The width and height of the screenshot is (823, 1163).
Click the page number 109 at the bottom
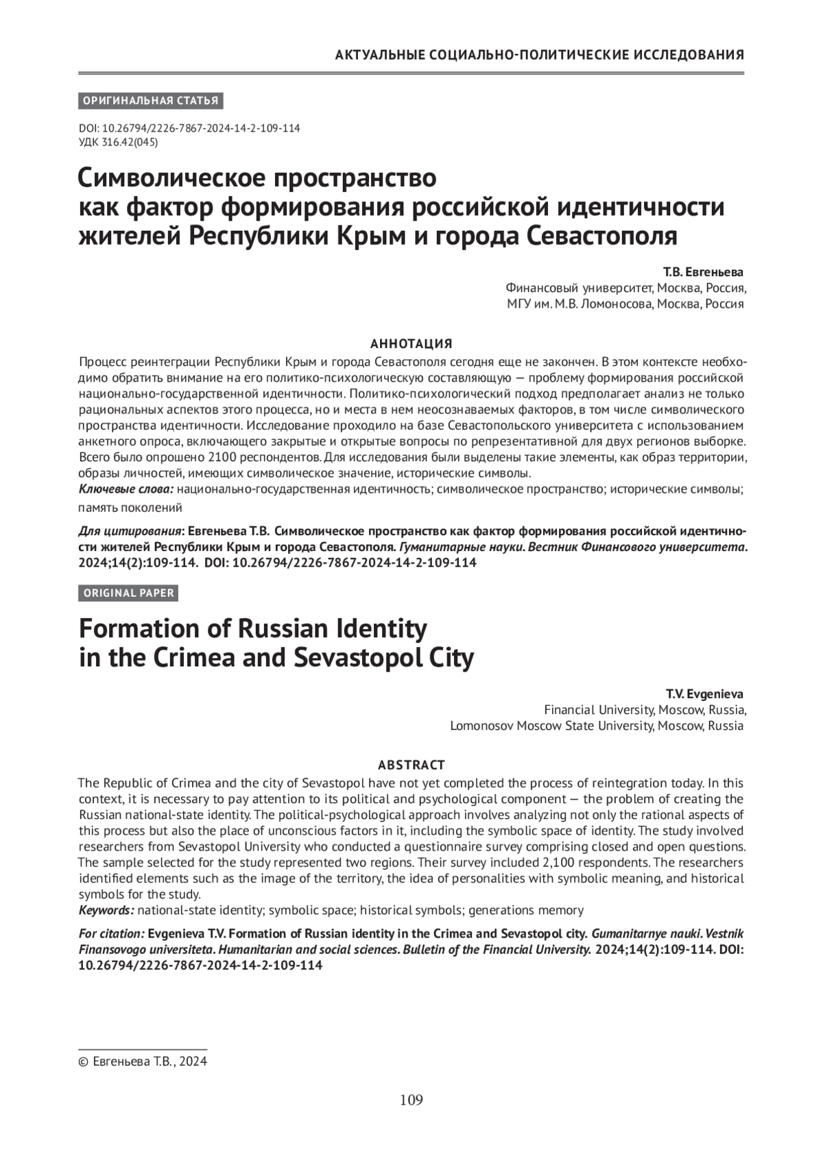coord(411,1100)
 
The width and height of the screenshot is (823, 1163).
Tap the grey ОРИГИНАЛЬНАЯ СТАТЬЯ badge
coord(151,101)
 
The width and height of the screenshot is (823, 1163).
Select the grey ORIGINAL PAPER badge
coord(129,593)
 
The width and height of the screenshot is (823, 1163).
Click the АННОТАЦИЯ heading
coord(411,343)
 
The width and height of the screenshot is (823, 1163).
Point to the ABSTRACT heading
coord(411,765)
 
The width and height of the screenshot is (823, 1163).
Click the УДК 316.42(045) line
coord(119,143)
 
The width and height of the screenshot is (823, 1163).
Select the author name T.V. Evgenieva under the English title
coord(704,694)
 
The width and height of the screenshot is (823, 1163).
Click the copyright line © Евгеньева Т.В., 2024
coord(143,1062)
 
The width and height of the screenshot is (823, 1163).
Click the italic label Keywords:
coord(106,910)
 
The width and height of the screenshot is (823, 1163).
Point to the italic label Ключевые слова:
coord(127,489)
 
